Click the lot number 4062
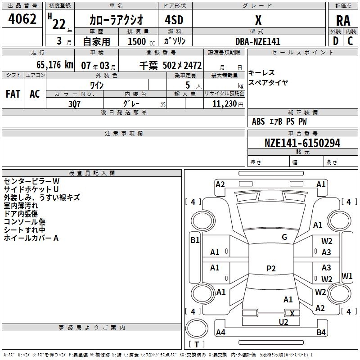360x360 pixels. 22,20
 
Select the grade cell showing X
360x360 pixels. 258,20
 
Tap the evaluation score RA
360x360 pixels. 343,21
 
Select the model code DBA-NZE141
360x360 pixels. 258,41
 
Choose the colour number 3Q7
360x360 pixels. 75,103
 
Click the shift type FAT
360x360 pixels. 13,94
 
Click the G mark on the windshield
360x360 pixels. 284,237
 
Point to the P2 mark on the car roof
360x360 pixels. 270,269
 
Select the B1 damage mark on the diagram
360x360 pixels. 194,240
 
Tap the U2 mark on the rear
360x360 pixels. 283,322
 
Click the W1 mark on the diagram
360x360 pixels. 347,275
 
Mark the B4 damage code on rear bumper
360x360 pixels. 321,333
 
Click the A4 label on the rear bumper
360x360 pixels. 220,333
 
